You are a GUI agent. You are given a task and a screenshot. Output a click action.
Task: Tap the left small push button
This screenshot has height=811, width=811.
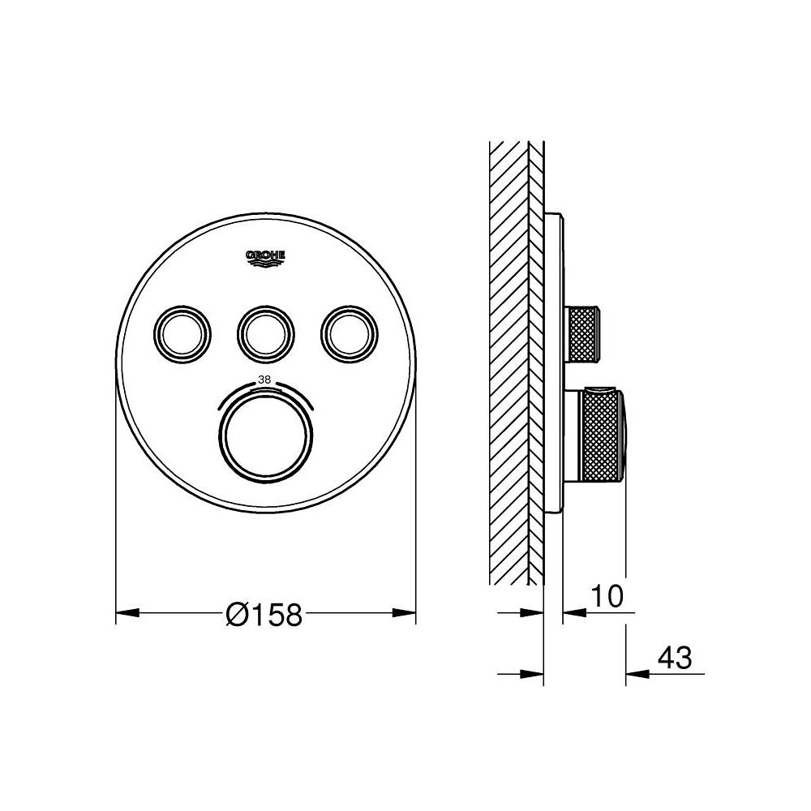pos(182,331)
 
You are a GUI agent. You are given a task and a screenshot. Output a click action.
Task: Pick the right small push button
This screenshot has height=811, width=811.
pos(350,331)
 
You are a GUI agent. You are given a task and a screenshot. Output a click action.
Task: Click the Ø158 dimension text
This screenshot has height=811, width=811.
pos(264,616)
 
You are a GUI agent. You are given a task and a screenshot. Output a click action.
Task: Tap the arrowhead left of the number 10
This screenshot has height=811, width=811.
pos(572,612)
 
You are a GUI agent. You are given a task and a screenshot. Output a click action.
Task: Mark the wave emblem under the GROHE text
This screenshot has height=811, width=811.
pos(266,261)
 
